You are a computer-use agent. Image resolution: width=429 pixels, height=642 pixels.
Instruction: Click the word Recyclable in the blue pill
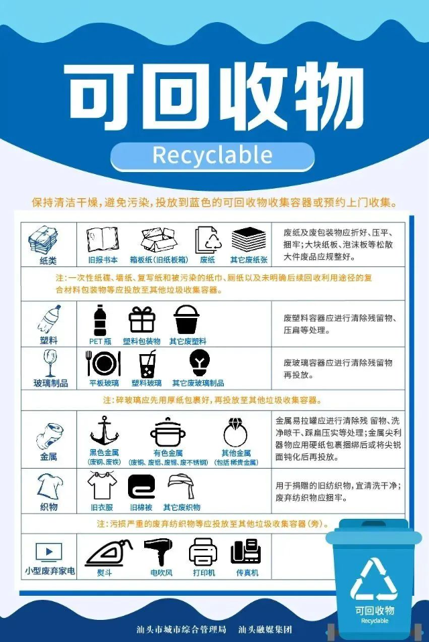(212, 155)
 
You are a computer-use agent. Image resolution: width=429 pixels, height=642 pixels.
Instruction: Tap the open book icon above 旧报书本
(103, 240)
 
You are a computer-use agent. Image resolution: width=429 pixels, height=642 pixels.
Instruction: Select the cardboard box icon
(159, 240)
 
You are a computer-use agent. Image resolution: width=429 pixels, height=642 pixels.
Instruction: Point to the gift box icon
(142, 320)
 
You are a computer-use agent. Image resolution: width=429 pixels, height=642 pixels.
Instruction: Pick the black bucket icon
(186, 320)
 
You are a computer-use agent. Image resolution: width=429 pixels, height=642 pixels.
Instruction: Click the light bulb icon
(200, 362)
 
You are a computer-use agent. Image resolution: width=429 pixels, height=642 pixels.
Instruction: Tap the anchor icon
(104, 431)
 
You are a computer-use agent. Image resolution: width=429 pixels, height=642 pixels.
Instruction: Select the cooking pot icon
(168, 432)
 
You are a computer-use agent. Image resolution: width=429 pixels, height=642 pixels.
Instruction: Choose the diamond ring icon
(235, 432)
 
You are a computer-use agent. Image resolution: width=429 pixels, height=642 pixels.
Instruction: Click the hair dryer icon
(158, 552)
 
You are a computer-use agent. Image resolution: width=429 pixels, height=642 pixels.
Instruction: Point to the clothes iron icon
(109, 552)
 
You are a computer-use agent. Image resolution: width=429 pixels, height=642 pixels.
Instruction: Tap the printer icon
(203, 552)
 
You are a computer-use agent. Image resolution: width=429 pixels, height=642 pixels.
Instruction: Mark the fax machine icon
(246, 552)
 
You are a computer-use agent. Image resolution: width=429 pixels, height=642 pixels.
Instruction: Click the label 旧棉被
(141, 507)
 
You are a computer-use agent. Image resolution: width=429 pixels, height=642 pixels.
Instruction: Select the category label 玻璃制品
(50, 383)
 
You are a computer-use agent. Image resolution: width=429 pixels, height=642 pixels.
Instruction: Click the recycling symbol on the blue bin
(373, 580)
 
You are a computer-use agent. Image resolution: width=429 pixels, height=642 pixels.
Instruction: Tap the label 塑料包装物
(141, 341)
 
